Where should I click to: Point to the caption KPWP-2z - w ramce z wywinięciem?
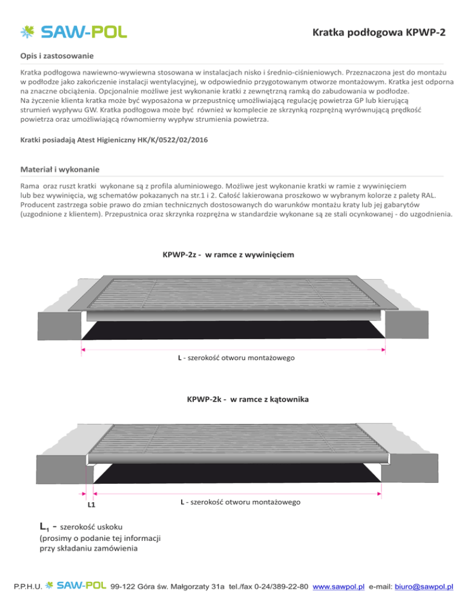pyautogui.click(x=228, y=255)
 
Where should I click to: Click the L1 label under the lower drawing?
pyautogui.click(x=91, y=503)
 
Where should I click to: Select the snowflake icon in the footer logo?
pyautogui.click(x=53, y=586)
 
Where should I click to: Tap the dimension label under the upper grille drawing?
pyautogui.click(x=236, y=359)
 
